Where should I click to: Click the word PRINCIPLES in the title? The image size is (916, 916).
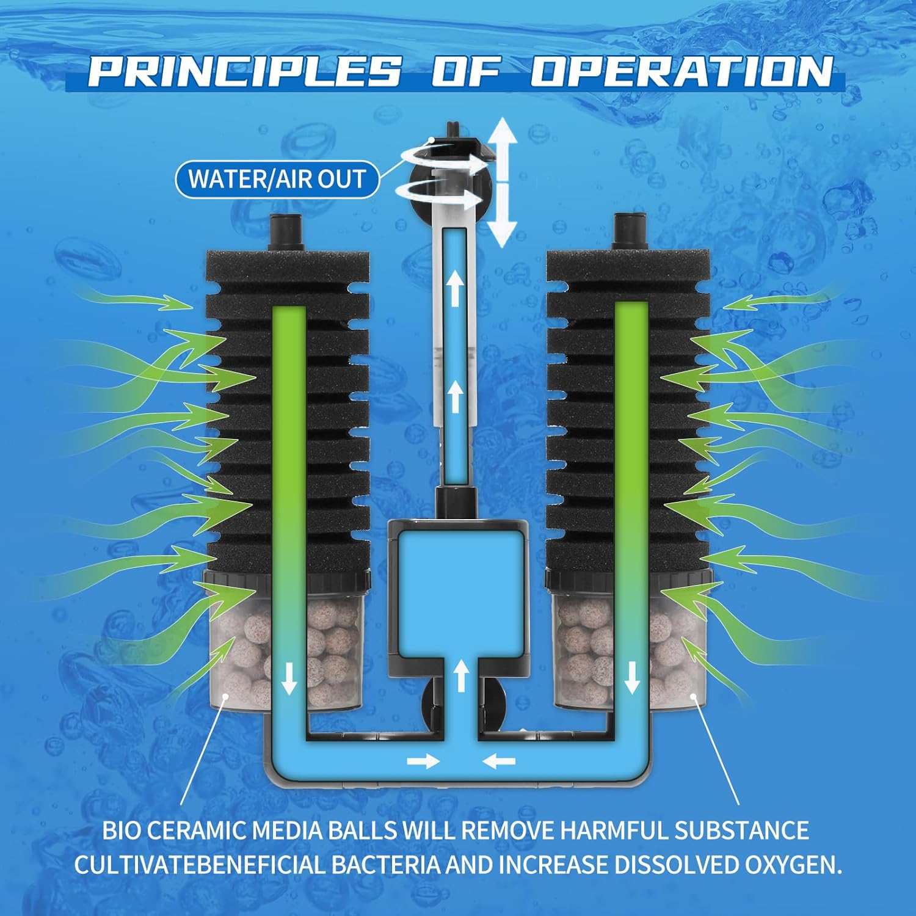point(245,72)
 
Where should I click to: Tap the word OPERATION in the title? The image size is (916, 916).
point(682,72)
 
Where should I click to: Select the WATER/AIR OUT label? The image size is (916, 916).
point(277,180)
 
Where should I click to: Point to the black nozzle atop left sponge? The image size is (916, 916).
point(286,233)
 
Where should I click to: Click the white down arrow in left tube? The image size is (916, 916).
point(288,679)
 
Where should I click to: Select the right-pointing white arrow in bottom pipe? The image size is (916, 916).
point(423,762)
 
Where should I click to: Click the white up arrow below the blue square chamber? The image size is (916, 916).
point(461,676)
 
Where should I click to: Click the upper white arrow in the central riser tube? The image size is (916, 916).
point(453,287)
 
